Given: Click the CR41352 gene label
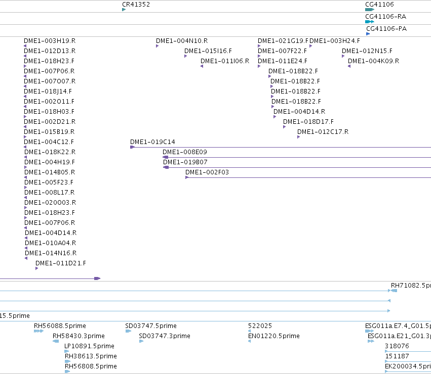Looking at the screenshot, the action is [x=136, y=5].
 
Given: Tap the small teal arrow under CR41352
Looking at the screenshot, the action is [x=124, y=10].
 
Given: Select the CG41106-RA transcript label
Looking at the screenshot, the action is [x=385, y=17].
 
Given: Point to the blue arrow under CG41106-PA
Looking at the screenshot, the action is [x=368, y=34].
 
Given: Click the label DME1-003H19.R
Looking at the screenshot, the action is [x=50, y=41].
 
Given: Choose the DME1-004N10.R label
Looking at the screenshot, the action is [x=182, y=41].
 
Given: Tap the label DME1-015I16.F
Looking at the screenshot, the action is [x=208, y=51].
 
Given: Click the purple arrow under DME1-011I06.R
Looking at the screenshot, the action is [x=202, y=66].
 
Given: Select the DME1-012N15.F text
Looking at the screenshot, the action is [x=367, y=51].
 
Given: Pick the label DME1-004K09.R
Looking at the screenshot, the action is [x=374, y=61].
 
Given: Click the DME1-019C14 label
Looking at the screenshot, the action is [x=152, y=142].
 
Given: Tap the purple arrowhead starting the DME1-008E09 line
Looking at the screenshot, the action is [x=165, y=157].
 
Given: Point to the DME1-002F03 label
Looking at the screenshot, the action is [x=207, y=172].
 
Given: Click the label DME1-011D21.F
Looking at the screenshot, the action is [x=61, y=263].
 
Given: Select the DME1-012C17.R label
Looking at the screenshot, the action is [x=323, y=132].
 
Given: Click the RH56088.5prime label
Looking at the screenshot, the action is [x=60, y=325].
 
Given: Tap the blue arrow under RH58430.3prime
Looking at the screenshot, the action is [x=56, y=341].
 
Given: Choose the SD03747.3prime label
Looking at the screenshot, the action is [x=165, y=336].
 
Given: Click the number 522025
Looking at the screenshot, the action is [x=260, y=325].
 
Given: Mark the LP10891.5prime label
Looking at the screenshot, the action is [x=89, y=346].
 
